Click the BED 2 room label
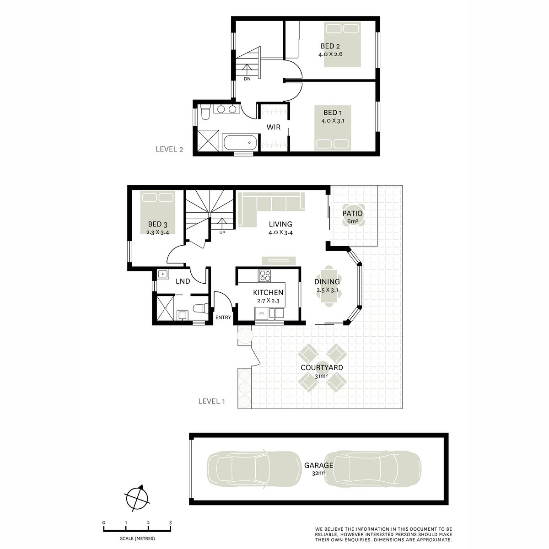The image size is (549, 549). tap(330, 46)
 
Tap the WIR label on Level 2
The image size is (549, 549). tap(274, 127)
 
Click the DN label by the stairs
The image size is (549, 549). tap(247, 79)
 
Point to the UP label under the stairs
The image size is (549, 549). tap(222, 233)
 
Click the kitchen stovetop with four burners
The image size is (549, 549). tap(265, 275)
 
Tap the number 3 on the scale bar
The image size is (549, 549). tap(170, 522)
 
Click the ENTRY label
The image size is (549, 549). tap(223, 318)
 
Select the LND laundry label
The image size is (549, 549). tap(183, 281)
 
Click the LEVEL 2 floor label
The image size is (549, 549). tap(169, 149)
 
